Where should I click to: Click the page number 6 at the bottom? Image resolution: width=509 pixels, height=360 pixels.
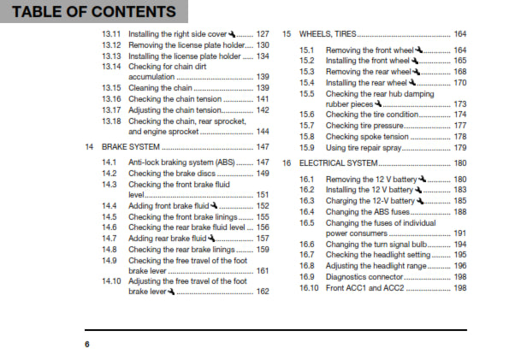click(x=86, y=344)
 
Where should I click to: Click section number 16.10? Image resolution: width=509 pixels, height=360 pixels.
click(x=309, y=288)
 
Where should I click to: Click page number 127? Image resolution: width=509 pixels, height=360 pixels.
click(x=263, y=33)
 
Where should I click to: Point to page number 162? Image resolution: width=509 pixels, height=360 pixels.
click(x=263, y=292)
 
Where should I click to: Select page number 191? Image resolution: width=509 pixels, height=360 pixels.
click(x=459, y=233)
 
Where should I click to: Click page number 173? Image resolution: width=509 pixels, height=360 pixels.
click(x=459, y=103)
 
